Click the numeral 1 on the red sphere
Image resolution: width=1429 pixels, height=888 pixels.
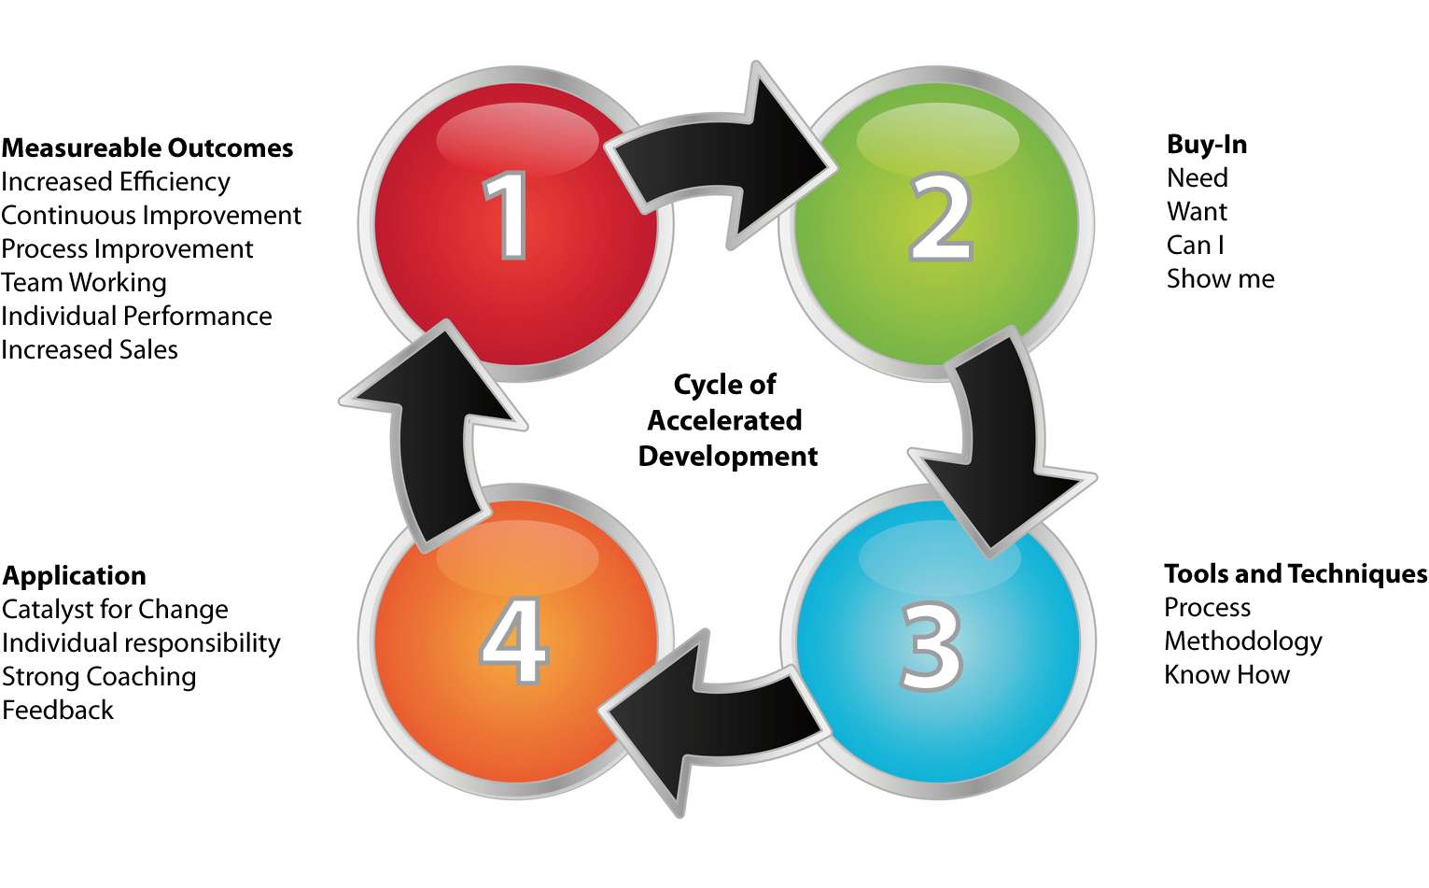[507, 216]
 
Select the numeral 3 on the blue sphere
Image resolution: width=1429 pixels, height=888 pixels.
[932, 646]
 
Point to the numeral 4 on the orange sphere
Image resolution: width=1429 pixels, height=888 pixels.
[513, 641]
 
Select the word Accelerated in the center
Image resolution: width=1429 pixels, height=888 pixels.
[724, 420]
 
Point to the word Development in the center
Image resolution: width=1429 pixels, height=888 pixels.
[727, 457]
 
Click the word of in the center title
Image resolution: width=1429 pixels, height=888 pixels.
[762, 385]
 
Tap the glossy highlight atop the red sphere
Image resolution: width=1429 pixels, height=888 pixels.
[516, 138]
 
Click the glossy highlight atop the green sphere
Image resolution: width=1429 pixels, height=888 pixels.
[937, 138]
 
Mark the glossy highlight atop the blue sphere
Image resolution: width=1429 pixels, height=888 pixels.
[939, 557]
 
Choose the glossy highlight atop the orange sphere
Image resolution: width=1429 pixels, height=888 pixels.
[516, 557]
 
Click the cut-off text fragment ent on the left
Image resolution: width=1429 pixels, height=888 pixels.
[284, 217]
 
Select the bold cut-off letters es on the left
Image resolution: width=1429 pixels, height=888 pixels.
[281, 149]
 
